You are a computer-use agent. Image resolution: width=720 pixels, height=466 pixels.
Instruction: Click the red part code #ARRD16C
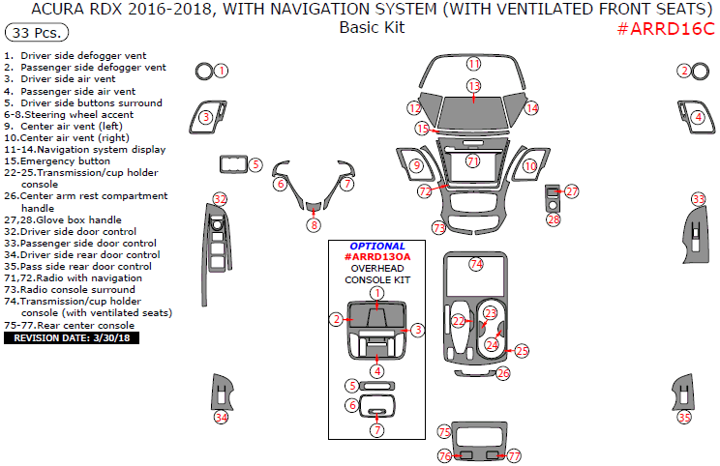[665, 29]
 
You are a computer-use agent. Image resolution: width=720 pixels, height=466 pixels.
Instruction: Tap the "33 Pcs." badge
[36, 32]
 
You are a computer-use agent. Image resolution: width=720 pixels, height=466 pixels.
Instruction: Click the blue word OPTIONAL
[377, 246]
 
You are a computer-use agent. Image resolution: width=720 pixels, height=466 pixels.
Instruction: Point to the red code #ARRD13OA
[377, 257]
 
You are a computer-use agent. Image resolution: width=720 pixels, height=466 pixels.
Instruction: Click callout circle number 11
[473, 64]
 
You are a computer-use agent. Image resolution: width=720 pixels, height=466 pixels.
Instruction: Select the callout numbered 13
[473, 86]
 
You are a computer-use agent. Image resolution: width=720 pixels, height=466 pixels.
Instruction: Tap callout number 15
[422, 128]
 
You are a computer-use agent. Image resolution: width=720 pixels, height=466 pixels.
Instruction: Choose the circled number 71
[472, 160]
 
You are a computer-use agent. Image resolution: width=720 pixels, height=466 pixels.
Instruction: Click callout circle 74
[475, 264]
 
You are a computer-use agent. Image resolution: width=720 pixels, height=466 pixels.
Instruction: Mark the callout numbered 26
[502, 372]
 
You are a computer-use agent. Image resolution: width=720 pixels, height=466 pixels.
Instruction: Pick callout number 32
[221, 199]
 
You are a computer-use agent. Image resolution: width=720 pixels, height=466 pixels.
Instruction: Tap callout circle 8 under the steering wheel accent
[314, 225]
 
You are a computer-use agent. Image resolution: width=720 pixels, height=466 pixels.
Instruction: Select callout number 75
[444, 431]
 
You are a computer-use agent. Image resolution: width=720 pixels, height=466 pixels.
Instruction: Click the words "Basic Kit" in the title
[372, 28]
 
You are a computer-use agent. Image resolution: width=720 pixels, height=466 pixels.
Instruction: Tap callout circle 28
[553, 219]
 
